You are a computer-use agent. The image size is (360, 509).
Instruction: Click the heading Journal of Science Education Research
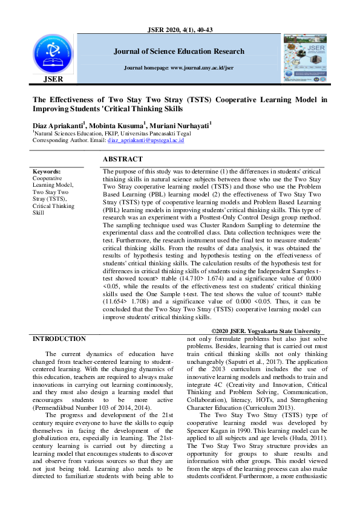click(x=179, y=51)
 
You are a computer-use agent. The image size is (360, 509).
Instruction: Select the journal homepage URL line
click(x=178, y=68)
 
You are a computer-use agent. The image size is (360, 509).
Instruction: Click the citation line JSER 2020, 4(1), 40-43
click(x=180, y=30)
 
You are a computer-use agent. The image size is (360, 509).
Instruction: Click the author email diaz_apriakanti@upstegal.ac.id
click(x=146, y=140)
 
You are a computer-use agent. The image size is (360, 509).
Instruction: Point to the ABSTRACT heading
click(x=123, y=159)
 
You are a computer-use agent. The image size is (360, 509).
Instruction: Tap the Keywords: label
click(x=47, y=172)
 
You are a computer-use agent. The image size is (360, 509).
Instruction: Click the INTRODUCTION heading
click(x=59, y=339)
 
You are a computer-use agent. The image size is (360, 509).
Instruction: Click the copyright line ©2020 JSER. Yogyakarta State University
click(x=266, y=331)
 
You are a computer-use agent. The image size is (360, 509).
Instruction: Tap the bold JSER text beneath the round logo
click(x=52, y=79)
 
